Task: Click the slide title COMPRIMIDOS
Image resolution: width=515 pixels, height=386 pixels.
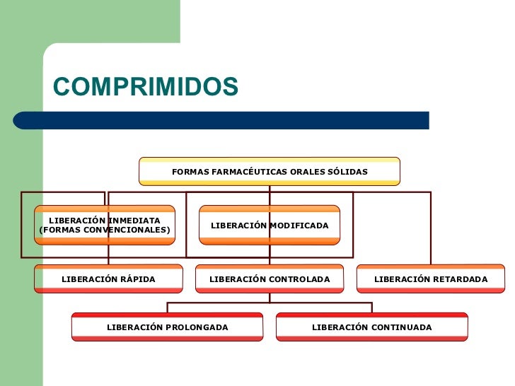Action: click(x=146, y=86)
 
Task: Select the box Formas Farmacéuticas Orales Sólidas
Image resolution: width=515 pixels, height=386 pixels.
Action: click(x=270, y=171)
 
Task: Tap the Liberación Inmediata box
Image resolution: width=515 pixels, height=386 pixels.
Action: click(x=105, y=225)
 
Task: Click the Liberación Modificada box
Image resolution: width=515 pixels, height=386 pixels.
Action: click(x=270, y=225)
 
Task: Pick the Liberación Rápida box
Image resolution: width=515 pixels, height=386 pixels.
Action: click(x=108, y=279)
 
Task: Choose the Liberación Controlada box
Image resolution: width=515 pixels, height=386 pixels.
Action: click(x=270, y=279)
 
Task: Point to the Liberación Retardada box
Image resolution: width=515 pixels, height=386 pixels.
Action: click(x=431, y=279)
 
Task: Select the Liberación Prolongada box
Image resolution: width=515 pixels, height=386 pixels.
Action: click(x=167, y=327)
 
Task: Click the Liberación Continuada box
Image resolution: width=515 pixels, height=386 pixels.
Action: click(x=371, y=327)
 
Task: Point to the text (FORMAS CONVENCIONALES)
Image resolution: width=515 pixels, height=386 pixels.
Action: click(x=105, y=230)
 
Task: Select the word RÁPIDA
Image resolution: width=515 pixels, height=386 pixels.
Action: click(x=137, y=279)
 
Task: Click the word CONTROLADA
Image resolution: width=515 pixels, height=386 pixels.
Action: click(x=298, y=279)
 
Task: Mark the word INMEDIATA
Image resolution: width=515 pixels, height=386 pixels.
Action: click(x=134, y=221)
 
